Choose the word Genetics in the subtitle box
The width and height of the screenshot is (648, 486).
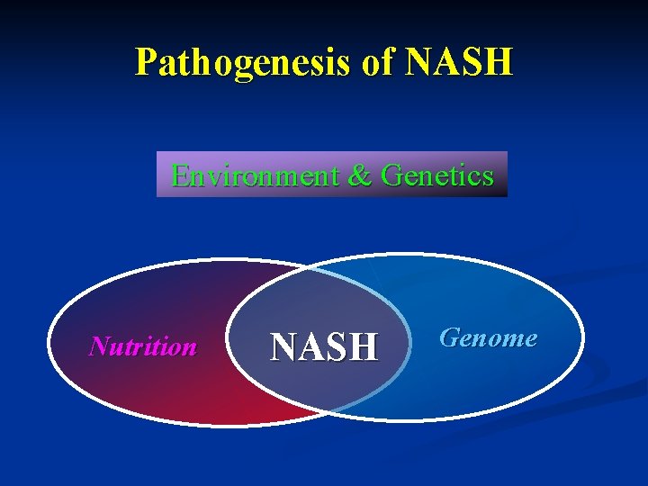[x=437, y=175]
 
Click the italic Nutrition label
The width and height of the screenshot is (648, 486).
[x=143, y=346]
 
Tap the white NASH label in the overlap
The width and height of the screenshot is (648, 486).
[x=324, y=346]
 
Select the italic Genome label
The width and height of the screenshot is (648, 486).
[x=488, y=338]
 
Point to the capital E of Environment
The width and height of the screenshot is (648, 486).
[x=180, y=175]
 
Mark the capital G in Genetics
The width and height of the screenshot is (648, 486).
[x=392, y=175]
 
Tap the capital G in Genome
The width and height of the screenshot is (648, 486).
[x=448, y=338]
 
